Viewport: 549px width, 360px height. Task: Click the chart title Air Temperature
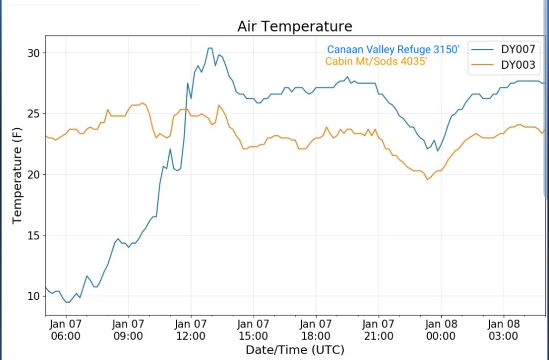(x=295, y=26)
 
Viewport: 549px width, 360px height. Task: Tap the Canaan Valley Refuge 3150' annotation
(x=394, y=50)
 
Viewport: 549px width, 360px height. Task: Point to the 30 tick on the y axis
(x=34, y=53)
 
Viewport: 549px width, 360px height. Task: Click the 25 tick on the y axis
(x=34, y=114)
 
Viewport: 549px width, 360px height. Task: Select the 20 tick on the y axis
(x=34, y=175)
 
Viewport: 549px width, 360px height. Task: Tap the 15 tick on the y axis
(x=34, y=236)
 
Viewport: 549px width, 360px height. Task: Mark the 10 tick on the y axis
(x=34, y=296)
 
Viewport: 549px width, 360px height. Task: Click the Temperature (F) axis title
(x=17, y=174)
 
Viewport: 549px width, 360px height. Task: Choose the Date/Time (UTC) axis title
(x=295, y=350)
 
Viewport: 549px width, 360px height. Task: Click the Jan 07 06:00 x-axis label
(x=66, y=330)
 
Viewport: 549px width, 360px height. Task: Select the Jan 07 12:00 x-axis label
(x=191, y=330)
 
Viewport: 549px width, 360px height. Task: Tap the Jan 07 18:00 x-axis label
(x=316, y=330)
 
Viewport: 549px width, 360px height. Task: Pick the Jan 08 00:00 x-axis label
(x=441, y=330)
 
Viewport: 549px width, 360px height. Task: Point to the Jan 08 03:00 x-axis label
(x=503, y=330)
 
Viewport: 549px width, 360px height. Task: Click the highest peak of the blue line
(x=210, y=48)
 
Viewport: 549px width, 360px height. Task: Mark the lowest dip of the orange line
(x=427, y=179)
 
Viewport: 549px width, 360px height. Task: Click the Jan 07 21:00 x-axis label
(x=379, y=330)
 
